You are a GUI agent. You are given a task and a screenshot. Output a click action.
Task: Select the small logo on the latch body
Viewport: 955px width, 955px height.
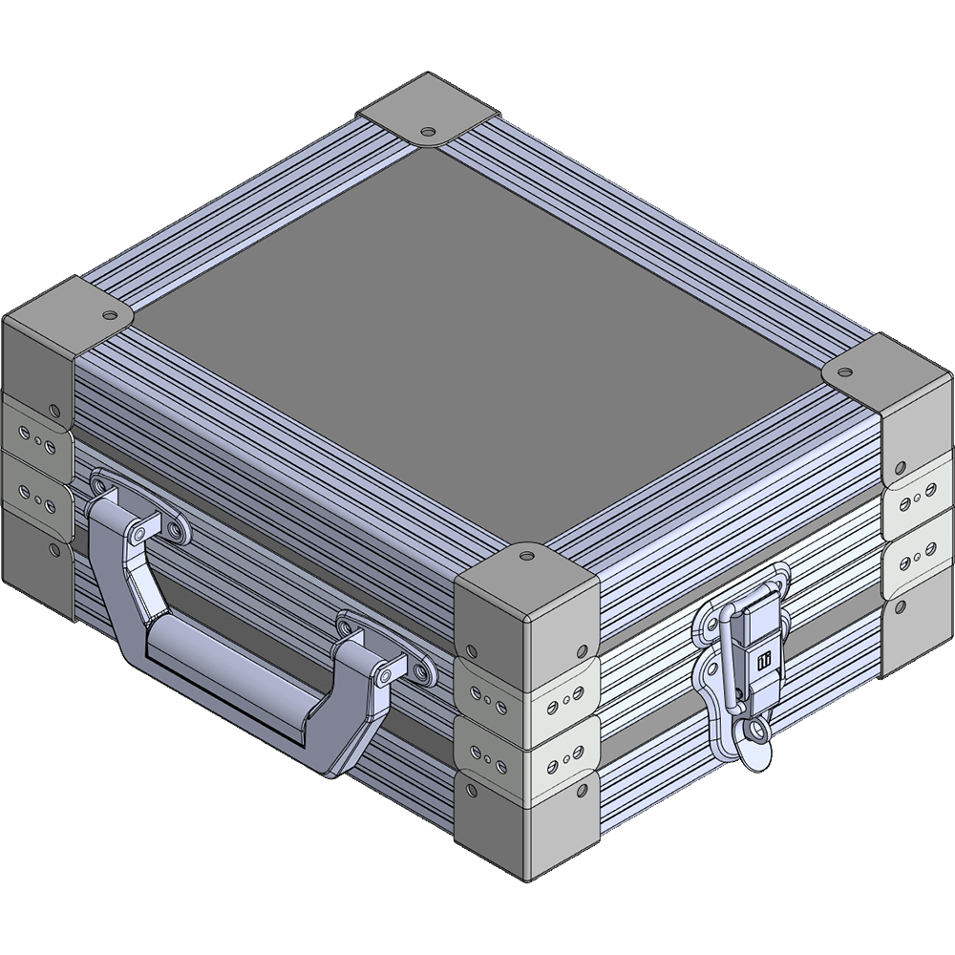pyautogui.click(x=763, y=660)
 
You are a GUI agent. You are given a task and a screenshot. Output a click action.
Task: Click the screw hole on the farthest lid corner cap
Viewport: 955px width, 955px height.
pyautogui.click(x=427, y=129)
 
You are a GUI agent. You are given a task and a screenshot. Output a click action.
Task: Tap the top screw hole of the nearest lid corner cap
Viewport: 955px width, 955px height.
pyautogui.click(x=525, y=553)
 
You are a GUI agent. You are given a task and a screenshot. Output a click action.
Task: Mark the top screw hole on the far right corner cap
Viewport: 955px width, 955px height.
pyautogui.click(x=846, y=369)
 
